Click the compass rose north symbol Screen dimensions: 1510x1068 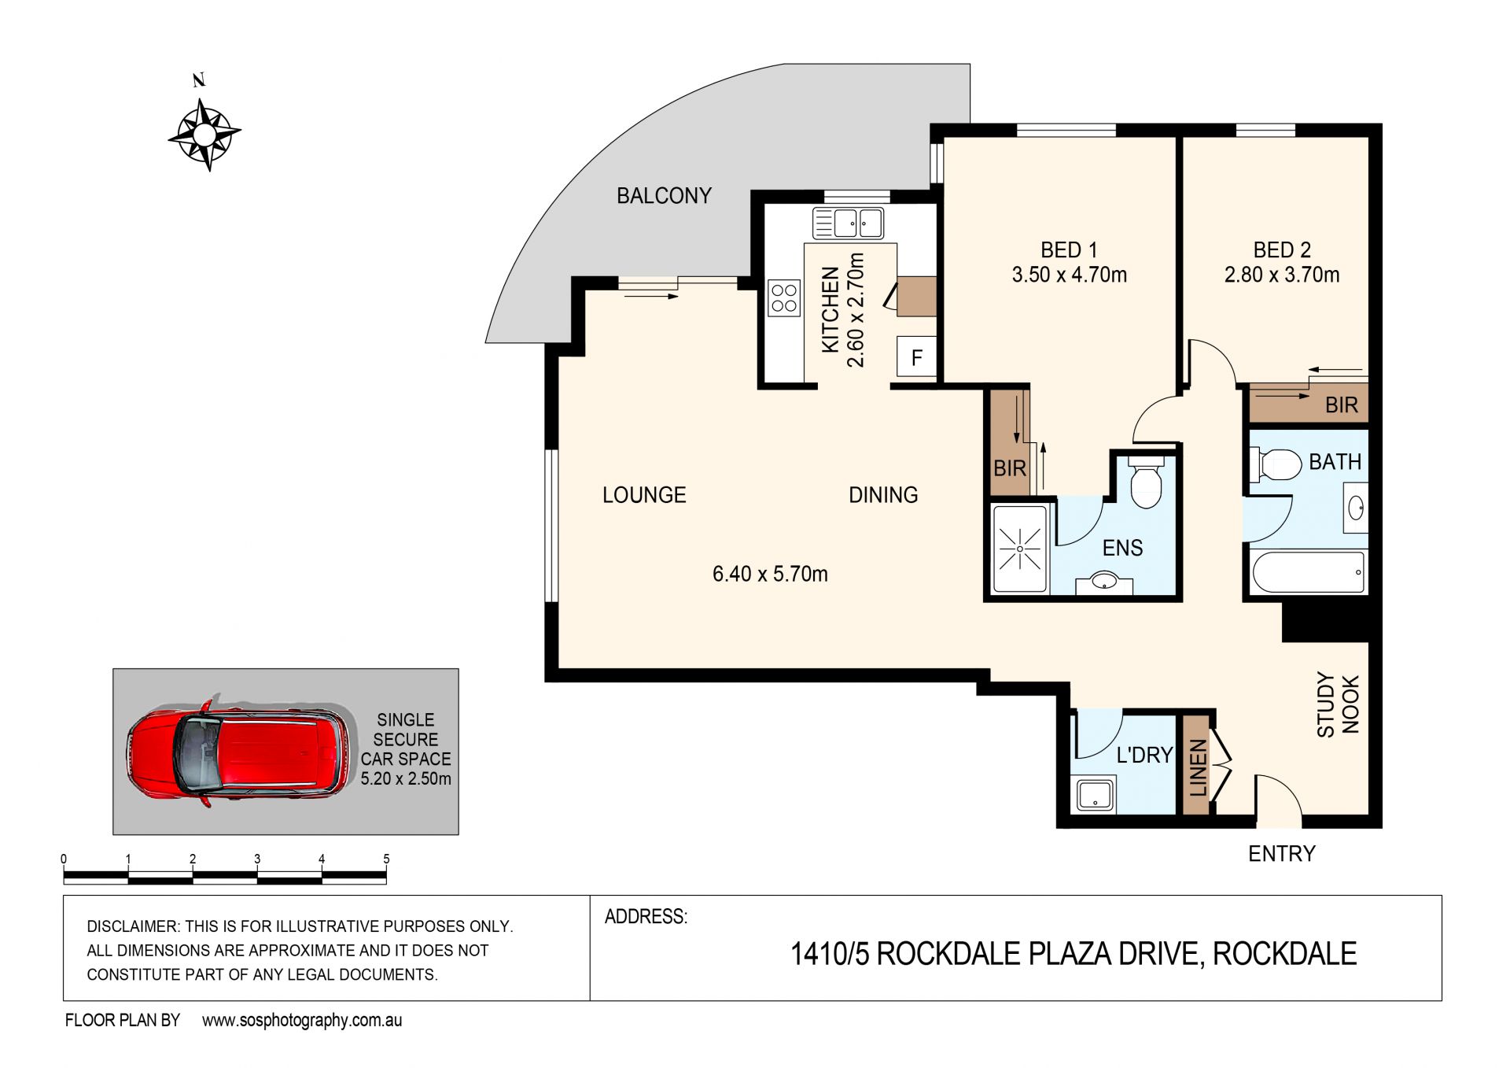point(204,135)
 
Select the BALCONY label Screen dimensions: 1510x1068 point(664,195)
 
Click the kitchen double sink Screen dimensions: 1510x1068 point(848,223)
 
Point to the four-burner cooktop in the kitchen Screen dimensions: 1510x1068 point(784,297)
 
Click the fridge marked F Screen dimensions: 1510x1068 point(916,357)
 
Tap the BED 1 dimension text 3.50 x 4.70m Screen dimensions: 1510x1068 point(1069,275)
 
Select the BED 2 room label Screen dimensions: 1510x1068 point(1282,249)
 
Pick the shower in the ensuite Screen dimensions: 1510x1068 point(1020,549)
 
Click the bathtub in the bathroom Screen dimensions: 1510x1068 point(1308,571)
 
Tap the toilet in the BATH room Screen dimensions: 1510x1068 point(1276,464)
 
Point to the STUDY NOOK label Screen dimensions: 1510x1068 point(1338,704)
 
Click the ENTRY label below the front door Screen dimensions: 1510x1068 point(1282,853)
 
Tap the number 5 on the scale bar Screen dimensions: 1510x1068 point(386,859)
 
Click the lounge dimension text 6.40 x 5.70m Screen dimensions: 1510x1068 point(770,574)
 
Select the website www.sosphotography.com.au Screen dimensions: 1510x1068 point(302,1021)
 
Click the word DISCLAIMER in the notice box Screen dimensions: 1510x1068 point(132,926)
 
